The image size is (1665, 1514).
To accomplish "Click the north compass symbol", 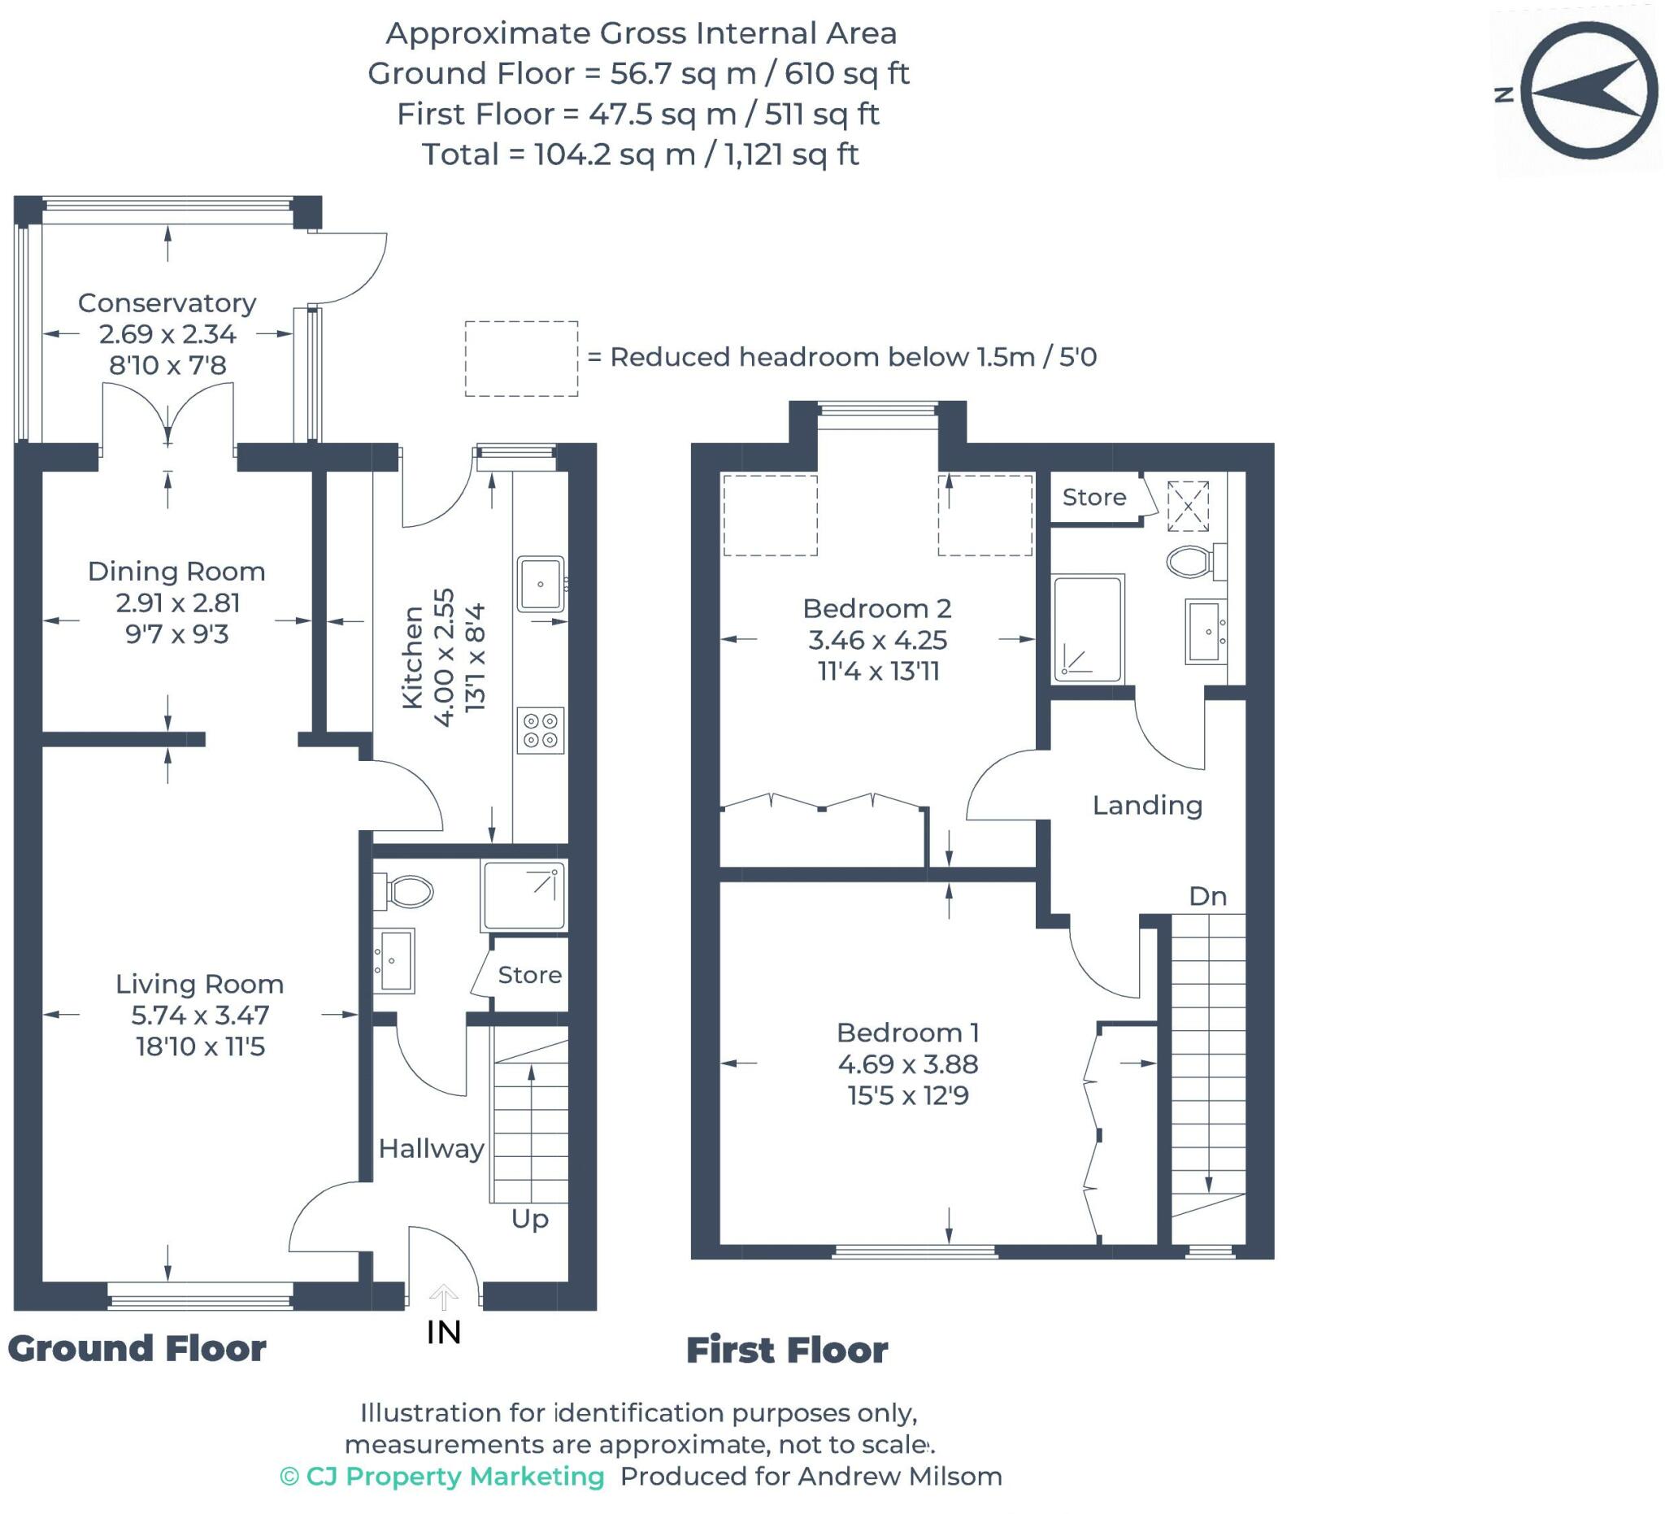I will coord(1588,91).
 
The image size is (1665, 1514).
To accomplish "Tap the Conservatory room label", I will coord(167,303).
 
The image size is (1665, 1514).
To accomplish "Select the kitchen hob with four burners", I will coord(541,730).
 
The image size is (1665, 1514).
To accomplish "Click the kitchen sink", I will coord(541,584).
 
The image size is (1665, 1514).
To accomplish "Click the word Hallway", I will coord(431,1148).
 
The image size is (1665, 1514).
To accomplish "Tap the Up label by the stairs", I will coord(529,1218).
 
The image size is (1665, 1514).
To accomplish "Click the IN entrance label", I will coord(444,1333).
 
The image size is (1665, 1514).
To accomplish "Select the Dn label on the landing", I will coord(1206,896).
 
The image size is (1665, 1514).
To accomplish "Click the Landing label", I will coord(1147,804).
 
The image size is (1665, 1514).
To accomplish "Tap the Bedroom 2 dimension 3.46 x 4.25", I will coord(877,640).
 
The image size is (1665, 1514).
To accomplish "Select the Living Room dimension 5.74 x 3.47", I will coord(200,1015).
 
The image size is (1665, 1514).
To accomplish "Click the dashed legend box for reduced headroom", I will coord(521,359).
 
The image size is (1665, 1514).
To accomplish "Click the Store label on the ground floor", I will coord(529,975).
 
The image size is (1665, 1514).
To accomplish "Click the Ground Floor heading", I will coord(137,1349).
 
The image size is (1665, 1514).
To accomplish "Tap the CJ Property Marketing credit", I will coord(443,1476).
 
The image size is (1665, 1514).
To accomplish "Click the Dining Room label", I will coord(176,572).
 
